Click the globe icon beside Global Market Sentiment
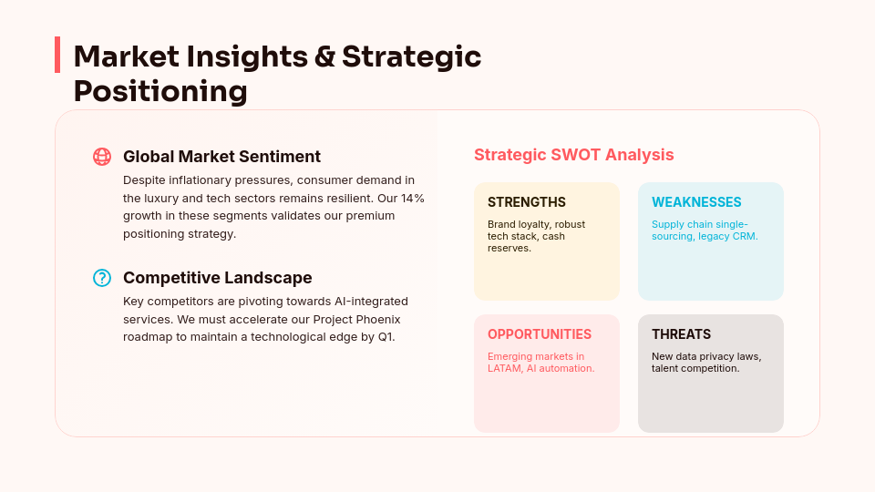coord(102,157)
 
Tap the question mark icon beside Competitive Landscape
coord(102,278)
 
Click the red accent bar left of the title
coord(57,55)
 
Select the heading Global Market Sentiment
coord(221,157)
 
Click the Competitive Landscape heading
coord(217,278)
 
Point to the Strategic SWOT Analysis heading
coord(573,155)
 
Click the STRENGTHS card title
coord(526,202)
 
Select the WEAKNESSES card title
coord(696,202)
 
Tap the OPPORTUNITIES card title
coord(539,334)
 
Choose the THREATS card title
coord(681,334)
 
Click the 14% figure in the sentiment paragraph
coord(413,198)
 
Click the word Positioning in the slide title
coord(160,91)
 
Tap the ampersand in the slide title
coord(324,56)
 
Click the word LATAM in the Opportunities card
coord(503,368)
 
